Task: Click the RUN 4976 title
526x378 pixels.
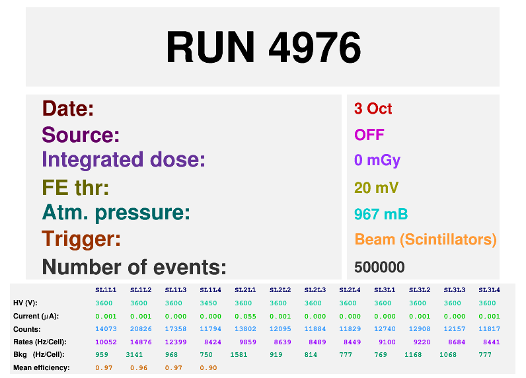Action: pyautogui.click(x=264, y=47)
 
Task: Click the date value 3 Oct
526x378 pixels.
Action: pyautogui.click(x=373, y=108)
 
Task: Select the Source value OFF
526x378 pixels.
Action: pyautogui.click(x=369, y=135)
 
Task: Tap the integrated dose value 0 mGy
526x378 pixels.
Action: pyautogui.click(x=377, y=161)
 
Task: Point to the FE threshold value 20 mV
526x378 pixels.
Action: pyautogui.click(x=376, y=188)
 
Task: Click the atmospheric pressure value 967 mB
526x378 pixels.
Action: pyautogui.click(x=381, y=214)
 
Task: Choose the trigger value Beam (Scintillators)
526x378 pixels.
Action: pyautogui.click(x=426, y=240)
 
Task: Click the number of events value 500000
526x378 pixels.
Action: pyautogui.click(x=379, y=268)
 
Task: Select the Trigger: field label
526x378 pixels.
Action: pyautogui.click(x=81, y=239)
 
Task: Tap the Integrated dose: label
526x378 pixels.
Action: pyautogui.click(x=124, y=160)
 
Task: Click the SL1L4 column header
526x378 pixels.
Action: pyautogui.click(x=210, y=290)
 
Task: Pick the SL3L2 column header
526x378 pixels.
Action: pyautogui.click(x=420, y=290)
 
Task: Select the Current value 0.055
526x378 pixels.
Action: pyautogui.click(x=245, y=317)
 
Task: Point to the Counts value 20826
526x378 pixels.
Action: pyautogui.click(x=141, y=329)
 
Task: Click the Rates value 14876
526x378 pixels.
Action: pyautogui.click(x=141, y=342)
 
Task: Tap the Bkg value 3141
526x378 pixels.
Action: pyautogui.click(x=134, y=354)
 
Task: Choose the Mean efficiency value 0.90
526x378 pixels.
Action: pyautogui.click(x=208, y=368)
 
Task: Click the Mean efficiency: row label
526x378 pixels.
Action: pyautogui.click(x=42, y=368)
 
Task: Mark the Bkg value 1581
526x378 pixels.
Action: pyautogui.click(x=239, y=354)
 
